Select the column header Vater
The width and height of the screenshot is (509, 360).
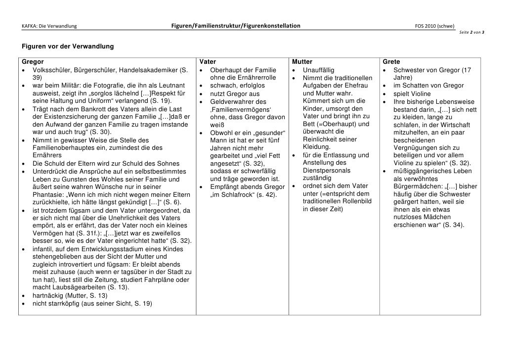[208, 62]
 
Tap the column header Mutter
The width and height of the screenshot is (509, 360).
[302, 62]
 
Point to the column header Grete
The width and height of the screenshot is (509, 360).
[391, 62]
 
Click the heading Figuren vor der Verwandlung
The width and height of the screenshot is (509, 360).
[67, 46]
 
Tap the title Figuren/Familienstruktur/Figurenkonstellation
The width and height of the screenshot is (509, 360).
[236, 26]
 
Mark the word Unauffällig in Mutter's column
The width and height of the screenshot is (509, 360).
[321, 70]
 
